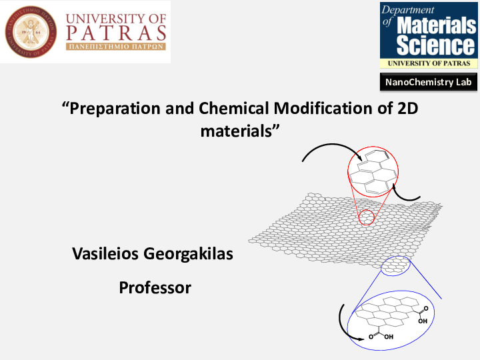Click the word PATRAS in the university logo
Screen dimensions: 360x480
pos(117,33)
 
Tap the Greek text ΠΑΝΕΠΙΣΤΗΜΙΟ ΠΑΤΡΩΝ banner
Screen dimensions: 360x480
pos(116,48)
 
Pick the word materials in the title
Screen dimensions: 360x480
pos(238,131)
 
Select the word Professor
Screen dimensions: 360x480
pos(155,288)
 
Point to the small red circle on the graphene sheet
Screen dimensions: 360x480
pos(367,217)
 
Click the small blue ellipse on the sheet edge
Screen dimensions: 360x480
pos(394,267)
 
